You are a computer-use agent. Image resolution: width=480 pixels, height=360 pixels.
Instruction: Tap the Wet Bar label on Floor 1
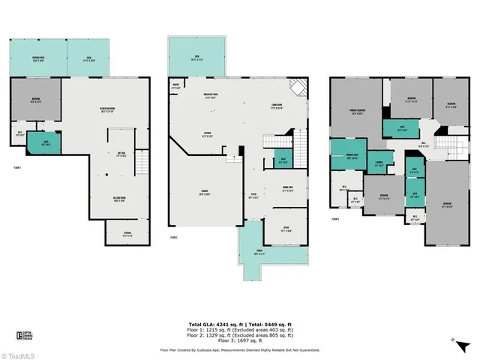tap(121, 156)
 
